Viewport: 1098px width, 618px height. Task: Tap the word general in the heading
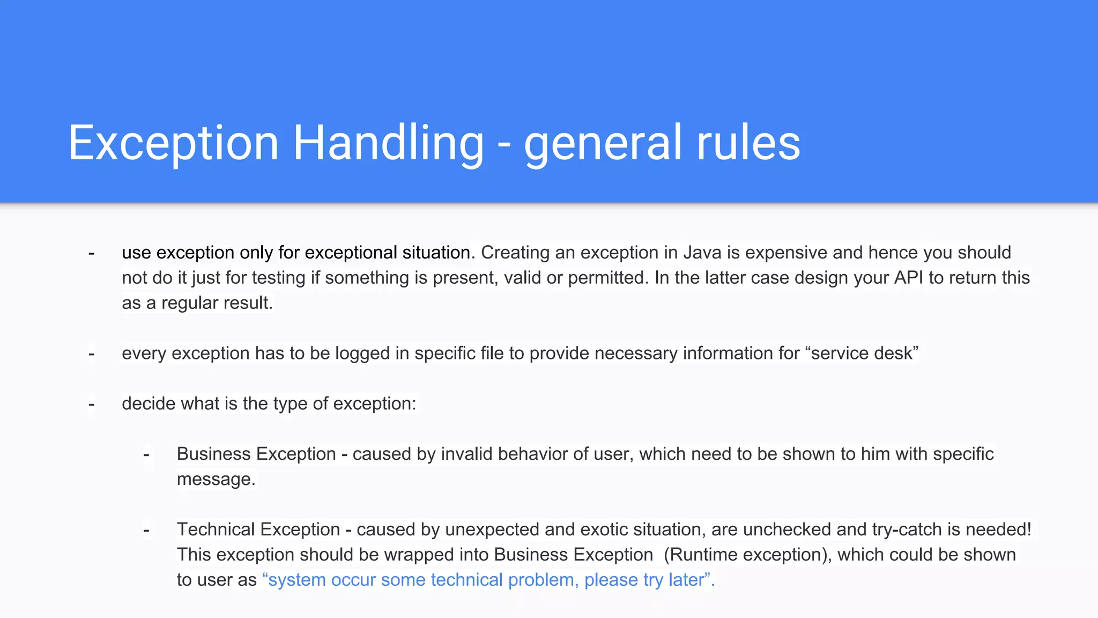tap(603, 144)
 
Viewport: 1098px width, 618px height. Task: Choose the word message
tap(216, 479)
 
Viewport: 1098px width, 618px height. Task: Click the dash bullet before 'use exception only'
tap(92, 253)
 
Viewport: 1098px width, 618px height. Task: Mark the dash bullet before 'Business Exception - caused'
tap(146, 454)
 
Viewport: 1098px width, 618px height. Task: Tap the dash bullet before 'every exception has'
tap(92, 354)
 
